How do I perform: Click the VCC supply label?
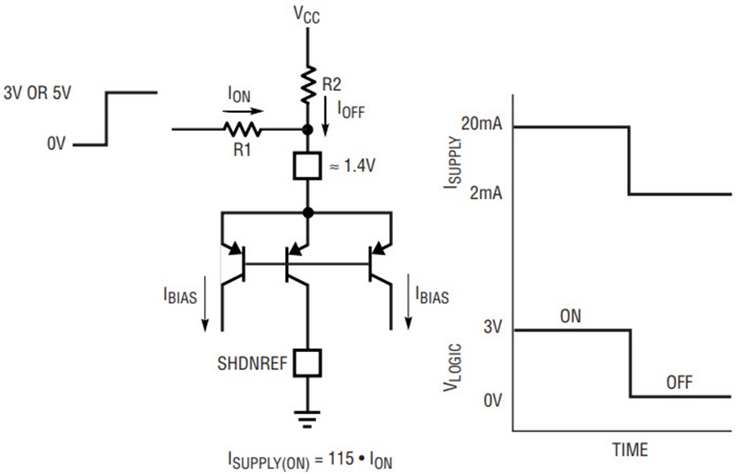tap(307, 14)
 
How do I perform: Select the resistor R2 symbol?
tap(308, 84)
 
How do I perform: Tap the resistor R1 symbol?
tap(242, 129)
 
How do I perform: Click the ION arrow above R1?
tap(243, 111)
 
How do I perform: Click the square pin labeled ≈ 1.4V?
tap(307, 166)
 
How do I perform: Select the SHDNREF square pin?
tap(307, 363)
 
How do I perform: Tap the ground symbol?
tap(307, 419)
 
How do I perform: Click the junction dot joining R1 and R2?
tap(307, 129)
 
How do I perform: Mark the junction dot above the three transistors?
tap(308, 213)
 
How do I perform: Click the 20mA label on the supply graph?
tap(482, 124)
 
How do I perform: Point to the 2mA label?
tap(486, 192)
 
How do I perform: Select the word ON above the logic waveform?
tap(571, 316)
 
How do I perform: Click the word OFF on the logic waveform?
tap(680, 382)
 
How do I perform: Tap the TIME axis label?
tap(630, 449)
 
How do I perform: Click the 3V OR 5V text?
tap(37, 93)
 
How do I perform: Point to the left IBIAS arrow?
tap(205, 304)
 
